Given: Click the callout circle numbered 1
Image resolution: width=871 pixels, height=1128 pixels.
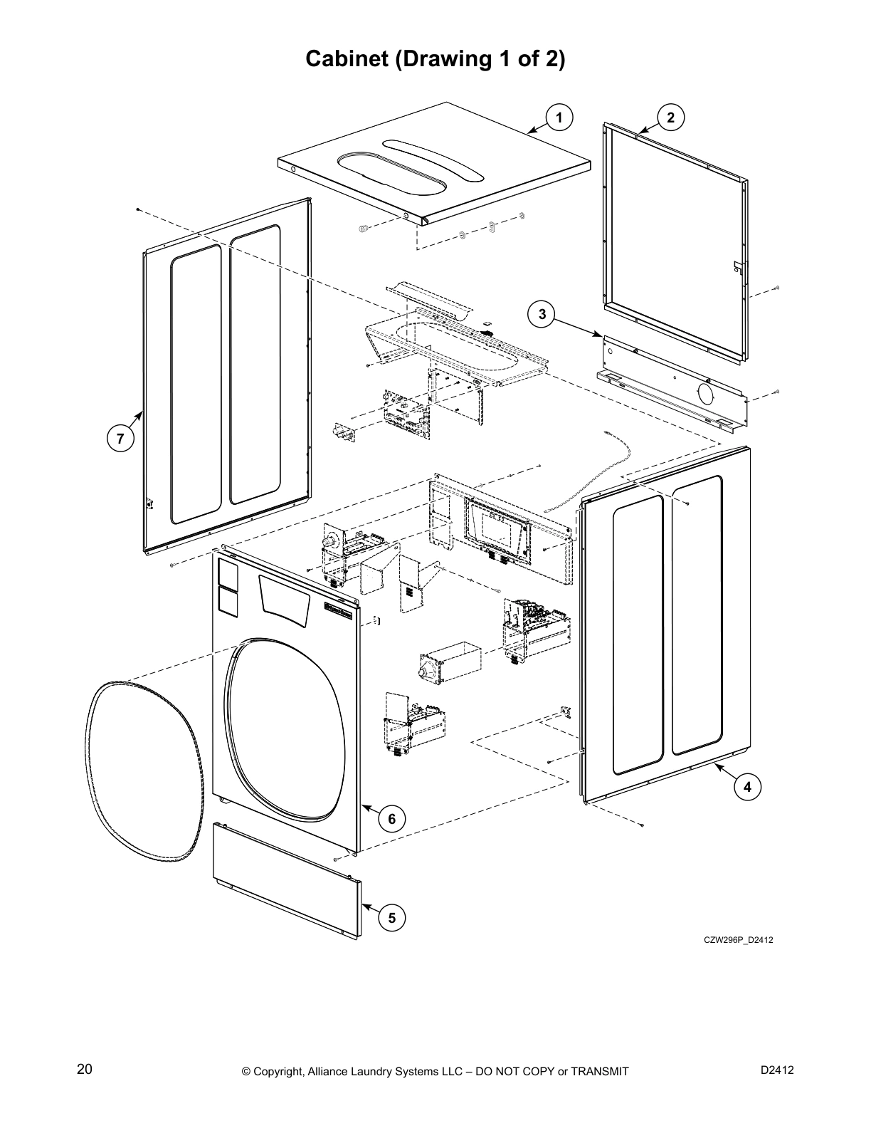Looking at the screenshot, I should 559,117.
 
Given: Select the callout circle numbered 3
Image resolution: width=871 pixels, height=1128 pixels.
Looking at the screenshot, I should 542,313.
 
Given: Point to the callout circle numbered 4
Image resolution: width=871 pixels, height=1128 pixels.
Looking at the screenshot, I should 746,787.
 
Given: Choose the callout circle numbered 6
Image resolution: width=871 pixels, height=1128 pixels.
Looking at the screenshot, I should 391,819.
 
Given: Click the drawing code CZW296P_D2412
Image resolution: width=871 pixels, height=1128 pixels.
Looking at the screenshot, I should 738,940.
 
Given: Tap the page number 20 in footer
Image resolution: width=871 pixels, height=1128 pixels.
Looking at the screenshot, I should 84,1070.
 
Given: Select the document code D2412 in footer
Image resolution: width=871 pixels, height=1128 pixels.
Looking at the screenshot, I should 777,1070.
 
